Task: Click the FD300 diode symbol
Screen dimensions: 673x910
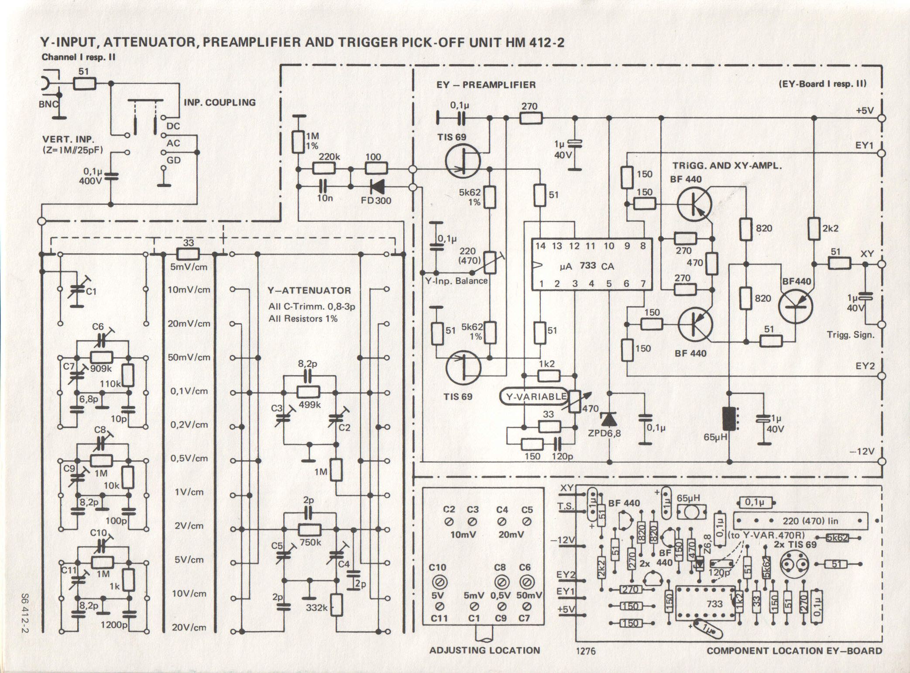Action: click(x=377, y=187)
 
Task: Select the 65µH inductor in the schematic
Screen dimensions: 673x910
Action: click(x=729, y=418)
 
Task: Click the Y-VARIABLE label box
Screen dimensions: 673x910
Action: click(x=536, y=397)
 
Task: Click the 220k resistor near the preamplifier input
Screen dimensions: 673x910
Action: click(x=324, y=168)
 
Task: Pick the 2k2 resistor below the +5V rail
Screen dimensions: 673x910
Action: click(x=814, y=228)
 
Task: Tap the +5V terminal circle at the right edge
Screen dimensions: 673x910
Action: click(x=882, y=118)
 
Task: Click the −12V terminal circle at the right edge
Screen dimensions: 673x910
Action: click(x=882, y=462)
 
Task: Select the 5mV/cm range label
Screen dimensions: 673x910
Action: click(x=189, y=266)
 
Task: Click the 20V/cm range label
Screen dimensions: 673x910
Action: click(x=189, y=628)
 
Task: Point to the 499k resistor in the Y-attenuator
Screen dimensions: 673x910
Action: click(x=309, y=392)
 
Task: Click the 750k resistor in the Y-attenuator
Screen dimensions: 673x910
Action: click(x=309, y=530)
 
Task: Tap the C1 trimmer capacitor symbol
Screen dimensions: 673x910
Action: click(x=77, y=290)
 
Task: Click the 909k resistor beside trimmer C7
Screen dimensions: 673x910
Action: click(x=102, y=357)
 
